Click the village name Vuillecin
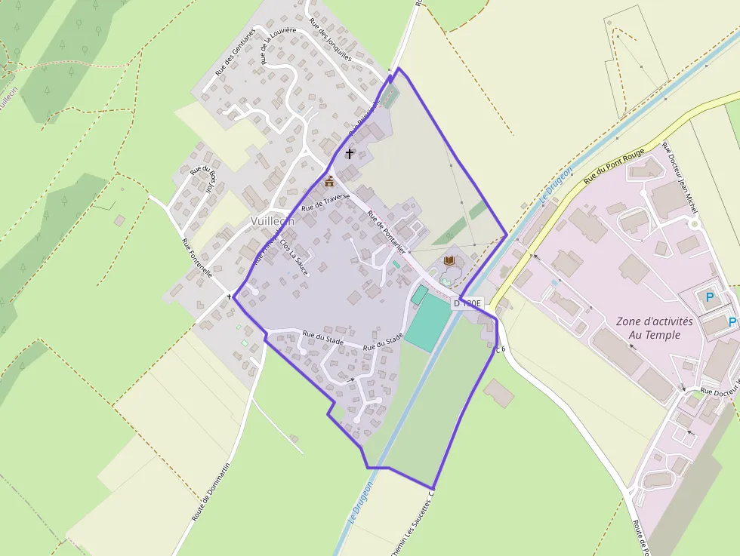click(x=273, y=220)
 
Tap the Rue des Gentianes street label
click(x=236, y=54)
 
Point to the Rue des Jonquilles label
click(x=331, y=42)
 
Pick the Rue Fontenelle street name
click(x=197, y=259)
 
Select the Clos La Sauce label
click(x=294, y=256)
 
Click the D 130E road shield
click(x=467, y=303)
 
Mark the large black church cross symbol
click(x=350, y=154)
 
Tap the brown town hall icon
click(x=329, y=181)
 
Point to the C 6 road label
click(x=500, y=349)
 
